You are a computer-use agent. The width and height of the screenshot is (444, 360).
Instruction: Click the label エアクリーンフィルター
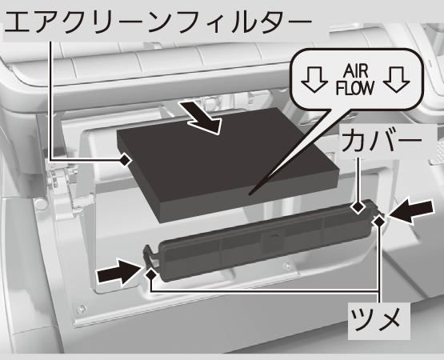pos(158,22)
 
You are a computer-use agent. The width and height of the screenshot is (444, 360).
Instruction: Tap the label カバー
pos(382,141)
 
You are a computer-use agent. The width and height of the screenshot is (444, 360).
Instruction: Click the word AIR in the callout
pos(356,71)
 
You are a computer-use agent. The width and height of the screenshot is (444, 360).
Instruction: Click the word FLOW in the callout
pos(355,88)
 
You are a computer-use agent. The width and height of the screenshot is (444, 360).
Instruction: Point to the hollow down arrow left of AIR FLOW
pos(314,79)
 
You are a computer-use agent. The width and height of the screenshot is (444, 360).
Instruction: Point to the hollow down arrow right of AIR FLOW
pos(397,79)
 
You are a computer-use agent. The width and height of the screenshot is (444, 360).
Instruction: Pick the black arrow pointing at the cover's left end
pos(119,271)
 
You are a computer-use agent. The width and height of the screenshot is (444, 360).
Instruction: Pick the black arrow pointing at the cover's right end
pos(411,211)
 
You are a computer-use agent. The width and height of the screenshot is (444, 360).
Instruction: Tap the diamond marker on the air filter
pos(125,161)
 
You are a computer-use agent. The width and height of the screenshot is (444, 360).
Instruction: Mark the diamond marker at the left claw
pos(151,274)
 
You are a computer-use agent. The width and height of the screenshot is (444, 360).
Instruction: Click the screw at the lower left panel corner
pos(82,309)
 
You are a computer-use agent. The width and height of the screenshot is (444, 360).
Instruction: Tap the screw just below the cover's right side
pos(287,266)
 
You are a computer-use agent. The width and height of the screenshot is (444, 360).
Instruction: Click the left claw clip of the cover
pos(150,255)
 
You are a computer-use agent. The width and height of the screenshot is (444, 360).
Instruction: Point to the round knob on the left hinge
pos(41,204)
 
